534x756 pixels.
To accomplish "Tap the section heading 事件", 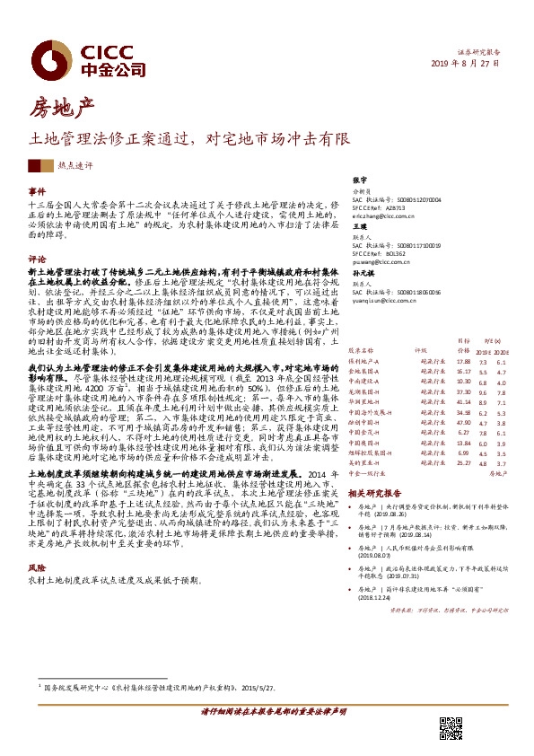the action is pos(37,192).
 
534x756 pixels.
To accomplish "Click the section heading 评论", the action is pos(37,258).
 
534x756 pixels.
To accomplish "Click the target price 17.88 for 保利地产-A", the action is pos(463,361).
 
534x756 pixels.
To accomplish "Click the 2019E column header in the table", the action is pos(482,350).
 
